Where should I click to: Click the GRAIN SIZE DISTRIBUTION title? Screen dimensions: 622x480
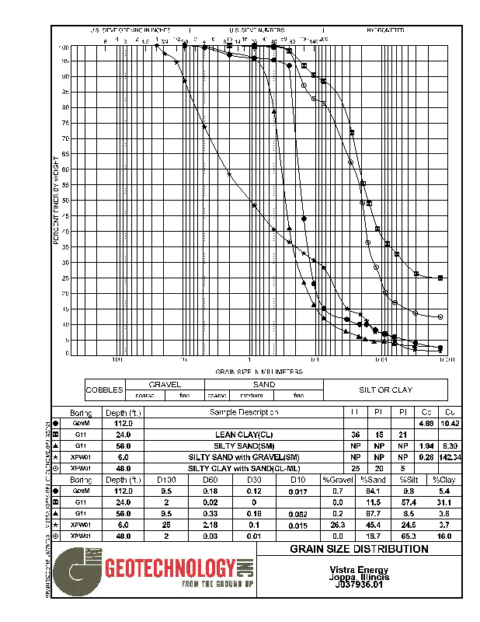(359, 549)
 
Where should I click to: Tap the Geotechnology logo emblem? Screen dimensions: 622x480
(79, 571)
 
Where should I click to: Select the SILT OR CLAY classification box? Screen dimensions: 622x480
(385, 390)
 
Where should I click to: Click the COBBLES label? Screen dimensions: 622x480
(104, 390)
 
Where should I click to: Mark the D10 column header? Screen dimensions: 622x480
(294, 480)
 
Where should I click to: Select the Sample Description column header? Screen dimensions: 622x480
(244, 412)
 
